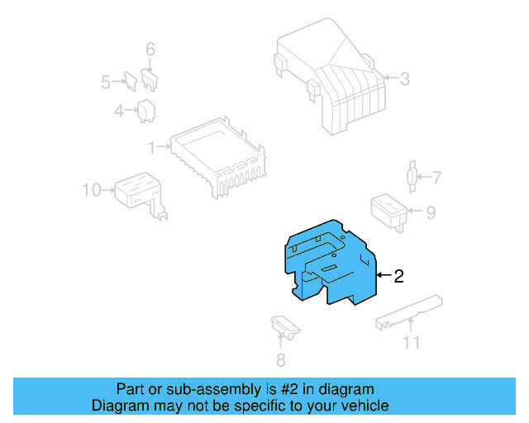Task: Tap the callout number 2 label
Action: (398, 277)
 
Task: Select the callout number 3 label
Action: (405, 79)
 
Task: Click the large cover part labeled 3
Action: (331, 78)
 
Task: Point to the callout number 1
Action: (152, 147)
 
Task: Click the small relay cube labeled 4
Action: (149, 109)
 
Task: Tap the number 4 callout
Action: (120, 110)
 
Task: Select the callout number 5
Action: (106, 82)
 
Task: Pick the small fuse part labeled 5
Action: (131, 80)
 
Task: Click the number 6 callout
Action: (150, 50)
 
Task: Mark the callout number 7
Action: (437, 177)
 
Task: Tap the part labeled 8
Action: (284, 327)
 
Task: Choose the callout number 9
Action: (430, 212)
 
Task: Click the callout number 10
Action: (92, 190)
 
